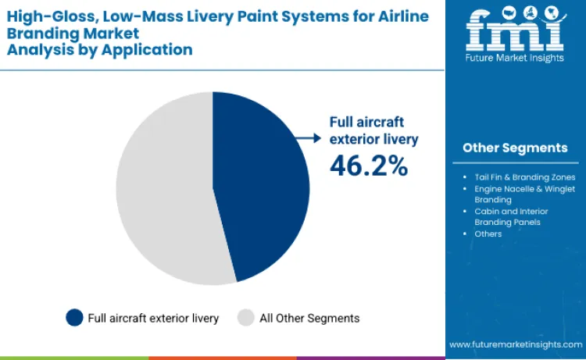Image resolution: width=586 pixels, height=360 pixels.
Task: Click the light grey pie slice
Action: pyautogui.click(x=164, y=187)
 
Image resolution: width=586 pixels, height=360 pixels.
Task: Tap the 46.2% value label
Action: pyautogui.click(x=368, y=165)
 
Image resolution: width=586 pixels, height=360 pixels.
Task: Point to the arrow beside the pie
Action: pyautogui.click(x=308, y=137)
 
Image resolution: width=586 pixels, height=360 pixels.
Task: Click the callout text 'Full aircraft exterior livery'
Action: pyautogui.click(x=373, y=130)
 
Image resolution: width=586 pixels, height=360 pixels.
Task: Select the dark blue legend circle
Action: pyautogui.click(x=74, y=318)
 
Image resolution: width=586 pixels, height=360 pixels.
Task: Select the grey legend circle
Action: pyautogui.click(x=246, y=318)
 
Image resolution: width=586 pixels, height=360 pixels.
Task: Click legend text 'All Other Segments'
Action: pyautogui.click(x=309, y=318)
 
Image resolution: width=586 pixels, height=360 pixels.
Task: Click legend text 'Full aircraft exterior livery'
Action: pyautogui.click(x=153, y=318)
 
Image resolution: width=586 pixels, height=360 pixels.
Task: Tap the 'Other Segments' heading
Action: pyautogui.click(x=515, y=148)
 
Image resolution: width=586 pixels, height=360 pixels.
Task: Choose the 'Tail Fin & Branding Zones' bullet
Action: pyautogui.click(x=524, y=177)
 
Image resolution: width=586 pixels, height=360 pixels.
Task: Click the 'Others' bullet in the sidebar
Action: pyautogui.click(x=488, y=233)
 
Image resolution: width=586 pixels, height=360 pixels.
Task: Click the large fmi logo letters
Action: pyautogui.click(x=515, y=31)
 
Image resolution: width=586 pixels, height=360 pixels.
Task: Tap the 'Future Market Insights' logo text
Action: pyautogui.click(x=515, y=58)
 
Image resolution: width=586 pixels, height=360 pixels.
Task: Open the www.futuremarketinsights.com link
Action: pyautogui.click(x=516, y=344)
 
